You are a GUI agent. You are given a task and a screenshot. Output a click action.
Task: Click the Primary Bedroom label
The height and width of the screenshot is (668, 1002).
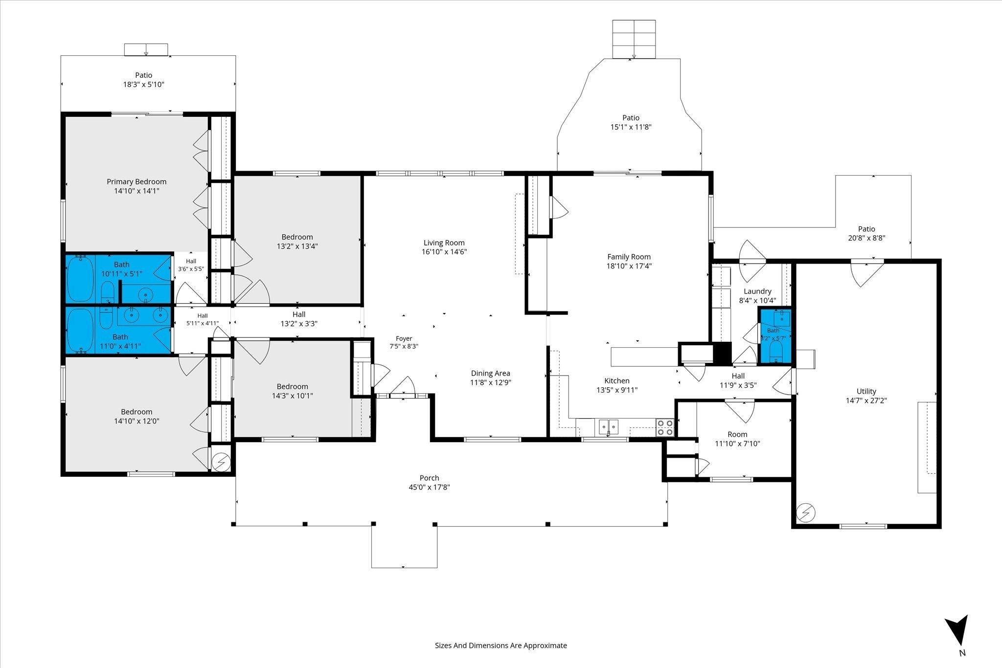point(137,182)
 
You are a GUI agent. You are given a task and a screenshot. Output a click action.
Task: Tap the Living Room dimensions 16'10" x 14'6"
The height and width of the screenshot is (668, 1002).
point(444,252)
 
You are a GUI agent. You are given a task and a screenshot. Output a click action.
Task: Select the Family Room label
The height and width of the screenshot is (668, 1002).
point(629,257)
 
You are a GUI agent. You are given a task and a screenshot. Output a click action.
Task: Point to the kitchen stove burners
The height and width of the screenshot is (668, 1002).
point(665,428)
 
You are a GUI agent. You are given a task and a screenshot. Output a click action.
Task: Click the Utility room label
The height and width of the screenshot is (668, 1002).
point(866,391)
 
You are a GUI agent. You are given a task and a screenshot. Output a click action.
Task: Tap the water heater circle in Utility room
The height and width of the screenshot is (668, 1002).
point(805,513)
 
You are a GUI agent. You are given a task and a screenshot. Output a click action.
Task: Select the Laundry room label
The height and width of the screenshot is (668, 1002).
point(757,291)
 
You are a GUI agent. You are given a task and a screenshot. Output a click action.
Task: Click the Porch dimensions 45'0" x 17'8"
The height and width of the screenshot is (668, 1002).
point(429,487)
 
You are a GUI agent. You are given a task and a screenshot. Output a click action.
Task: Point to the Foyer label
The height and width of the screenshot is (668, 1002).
point(404,338)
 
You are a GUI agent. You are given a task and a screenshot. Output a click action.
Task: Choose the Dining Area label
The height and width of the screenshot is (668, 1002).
point(490,373)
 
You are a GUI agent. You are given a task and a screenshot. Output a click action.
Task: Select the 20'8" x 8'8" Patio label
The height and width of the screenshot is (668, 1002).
point(866,229)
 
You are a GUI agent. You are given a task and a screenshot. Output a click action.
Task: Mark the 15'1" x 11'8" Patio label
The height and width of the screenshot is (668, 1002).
point(631,118)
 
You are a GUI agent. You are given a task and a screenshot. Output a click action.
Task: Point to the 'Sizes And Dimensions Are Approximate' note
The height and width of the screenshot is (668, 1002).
point(501,646)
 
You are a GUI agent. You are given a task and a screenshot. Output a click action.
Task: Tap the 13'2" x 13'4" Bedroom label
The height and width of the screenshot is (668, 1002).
point(297,237)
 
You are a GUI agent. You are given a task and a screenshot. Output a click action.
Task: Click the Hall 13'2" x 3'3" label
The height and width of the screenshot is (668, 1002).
point(299,314)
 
